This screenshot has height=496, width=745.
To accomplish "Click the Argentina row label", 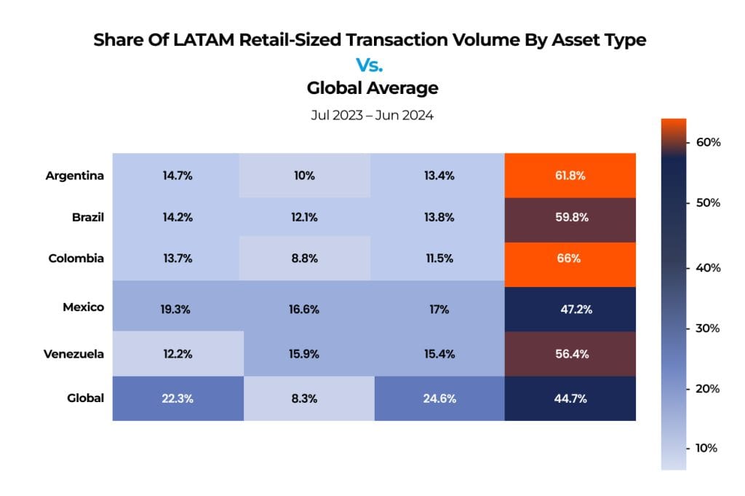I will pyautogui.click(x=74, y=176).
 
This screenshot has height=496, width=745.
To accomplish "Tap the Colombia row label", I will pyautogui.click(x=77, y=259).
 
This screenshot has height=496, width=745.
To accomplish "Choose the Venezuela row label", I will pyautogui.click(x=74, y=354).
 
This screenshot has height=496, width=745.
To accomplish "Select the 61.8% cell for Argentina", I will pyautogui.click(x=570, y=176).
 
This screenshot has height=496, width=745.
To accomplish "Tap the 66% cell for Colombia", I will pyautogui.click(x=570, y=259).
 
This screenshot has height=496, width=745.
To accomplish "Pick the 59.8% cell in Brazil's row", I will pyautogui.click(x=570, y=217).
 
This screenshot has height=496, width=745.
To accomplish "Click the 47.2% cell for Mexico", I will pyautogui.click(x=570, y=309).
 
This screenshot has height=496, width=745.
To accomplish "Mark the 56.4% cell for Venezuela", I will pyautogui.click(x=570, y=354).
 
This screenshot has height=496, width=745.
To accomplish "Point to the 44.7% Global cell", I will pyautogui.click(x=570, y=398).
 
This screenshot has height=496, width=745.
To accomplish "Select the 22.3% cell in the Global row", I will pyautogui.click(x=178, y=398).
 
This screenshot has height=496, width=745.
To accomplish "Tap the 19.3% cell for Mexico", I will pyautogui.click(x=178, y=309).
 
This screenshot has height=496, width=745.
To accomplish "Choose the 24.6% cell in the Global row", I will pyautogui.click(x=439, y=398).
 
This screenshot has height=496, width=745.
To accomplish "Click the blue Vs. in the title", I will pyautogui.click(x=372, y=64).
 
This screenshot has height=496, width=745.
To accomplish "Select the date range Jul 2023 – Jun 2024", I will pyautogui.click(x=372, y=115).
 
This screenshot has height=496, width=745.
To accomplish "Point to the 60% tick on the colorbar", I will pyautogui.click(x=708, y=142).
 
